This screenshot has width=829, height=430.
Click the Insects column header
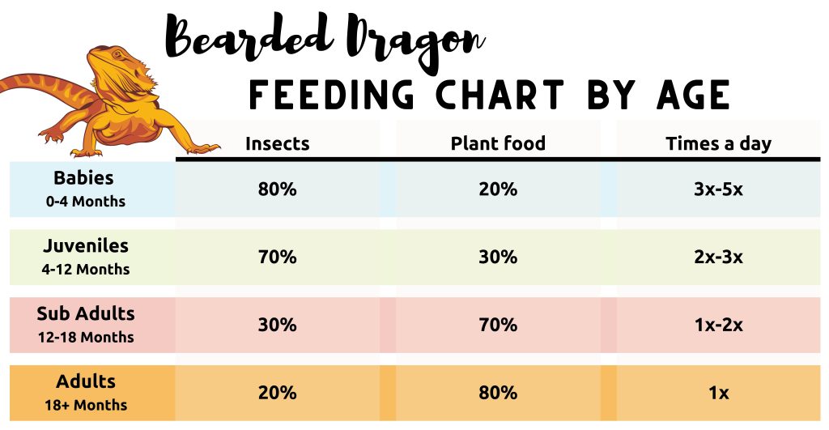(x=278, y=144)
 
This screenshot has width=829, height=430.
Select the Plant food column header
(x=498, y=144)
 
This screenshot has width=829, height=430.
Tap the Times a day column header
(x=718, y=144)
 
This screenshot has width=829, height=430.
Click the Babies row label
(x=85, y=178)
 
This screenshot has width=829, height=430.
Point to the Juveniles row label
(x=85, y=246)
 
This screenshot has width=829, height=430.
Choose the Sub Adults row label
(x=85, y=314)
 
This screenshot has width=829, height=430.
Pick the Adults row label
(x=85, y=381)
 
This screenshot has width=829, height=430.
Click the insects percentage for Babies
(x=278, y=189)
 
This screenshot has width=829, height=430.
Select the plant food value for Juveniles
(x=498, y=258)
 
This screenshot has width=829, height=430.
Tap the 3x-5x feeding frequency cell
(x=718, y=189)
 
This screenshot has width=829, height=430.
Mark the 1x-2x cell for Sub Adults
(x=718, y=326)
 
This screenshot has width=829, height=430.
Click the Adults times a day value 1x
(x=718, y=394)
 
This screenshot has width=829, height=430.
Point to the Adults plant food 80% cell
(x=498, y=394)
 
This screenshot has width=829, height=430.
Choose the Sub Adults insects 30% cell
(x=278, y=326)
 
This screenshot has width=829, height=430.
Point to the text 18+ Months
(x=85, y=405)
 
